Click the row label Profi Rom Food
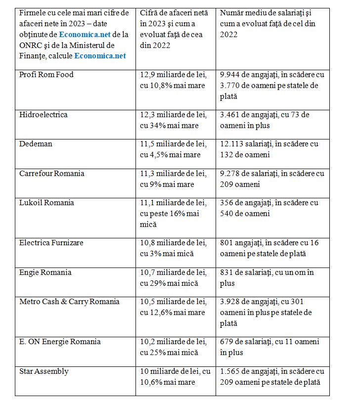pyautogui.click(x=46, y=75)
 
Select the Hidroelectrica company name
pyautogui.click(x=44, y=115)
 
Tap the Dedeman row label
pyautogui.click(x=36, y=144)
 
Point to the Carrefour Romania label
pyautogui.click(x=52, y=174)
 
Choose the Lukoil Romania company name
pyautogui.click(x=46, y=203)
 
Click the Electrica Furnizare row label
pyautogui.click(x=51, y=243)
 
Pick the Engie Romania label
pyautogui.click(x=45, y=272)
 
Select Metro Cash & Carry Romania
pyautogui.click(x=69, y=302)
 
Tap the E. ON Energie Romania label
pyautogui.click(x=60, y=342)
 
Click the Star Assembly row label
pyautogui.click(x=44, y=371)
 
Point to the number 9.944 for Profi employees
pyautogui.click(x=230, y=75)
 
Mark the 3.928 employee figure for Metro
pyautogui.click(x=230, y=302)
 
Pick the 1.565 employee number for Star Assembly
pyautogui.click(x=230, y=371)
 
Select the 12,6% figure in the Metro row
pyautogui.click(x=164, y=313)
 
